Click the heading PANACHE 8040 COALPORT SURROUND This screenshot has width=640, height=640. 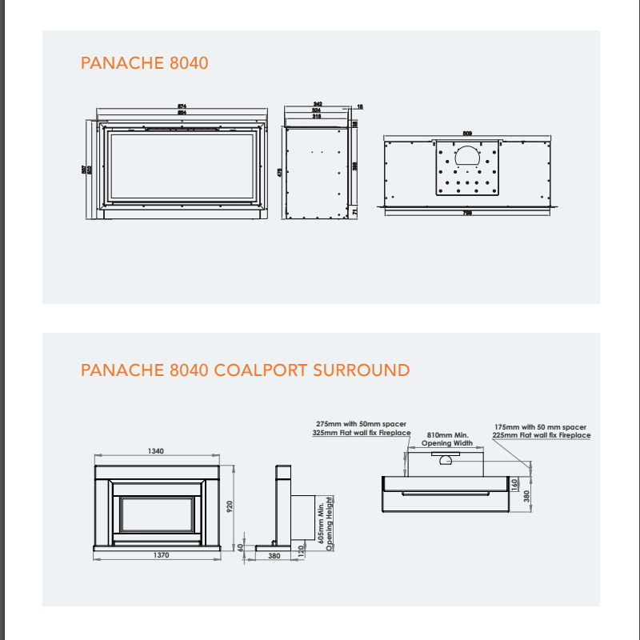click(245, 370)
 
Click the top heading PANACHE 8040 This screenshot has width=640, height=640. click(144, 63)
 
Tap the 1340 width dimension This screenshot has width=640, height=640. click(155, 452)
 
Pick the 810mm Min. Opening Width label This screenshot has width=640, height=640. click(447, 438)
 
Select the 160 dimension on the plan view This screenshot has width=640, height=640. click(515, 483)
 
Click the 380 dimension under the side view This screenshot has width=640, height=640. click(274, 555)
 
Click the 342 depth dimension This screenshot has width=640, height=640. click(318, 105)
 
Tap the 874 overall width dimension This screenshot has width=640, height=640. click(182, 106)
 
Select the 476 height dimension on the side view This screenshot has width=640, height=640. click(279, 172)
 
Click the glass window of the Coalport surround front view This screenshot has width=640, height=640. click(158, 514)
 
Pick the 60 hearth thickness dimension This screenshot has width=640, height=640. click(240, 546)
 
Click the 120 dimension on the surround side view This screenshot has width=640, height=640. click(302, 550)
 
